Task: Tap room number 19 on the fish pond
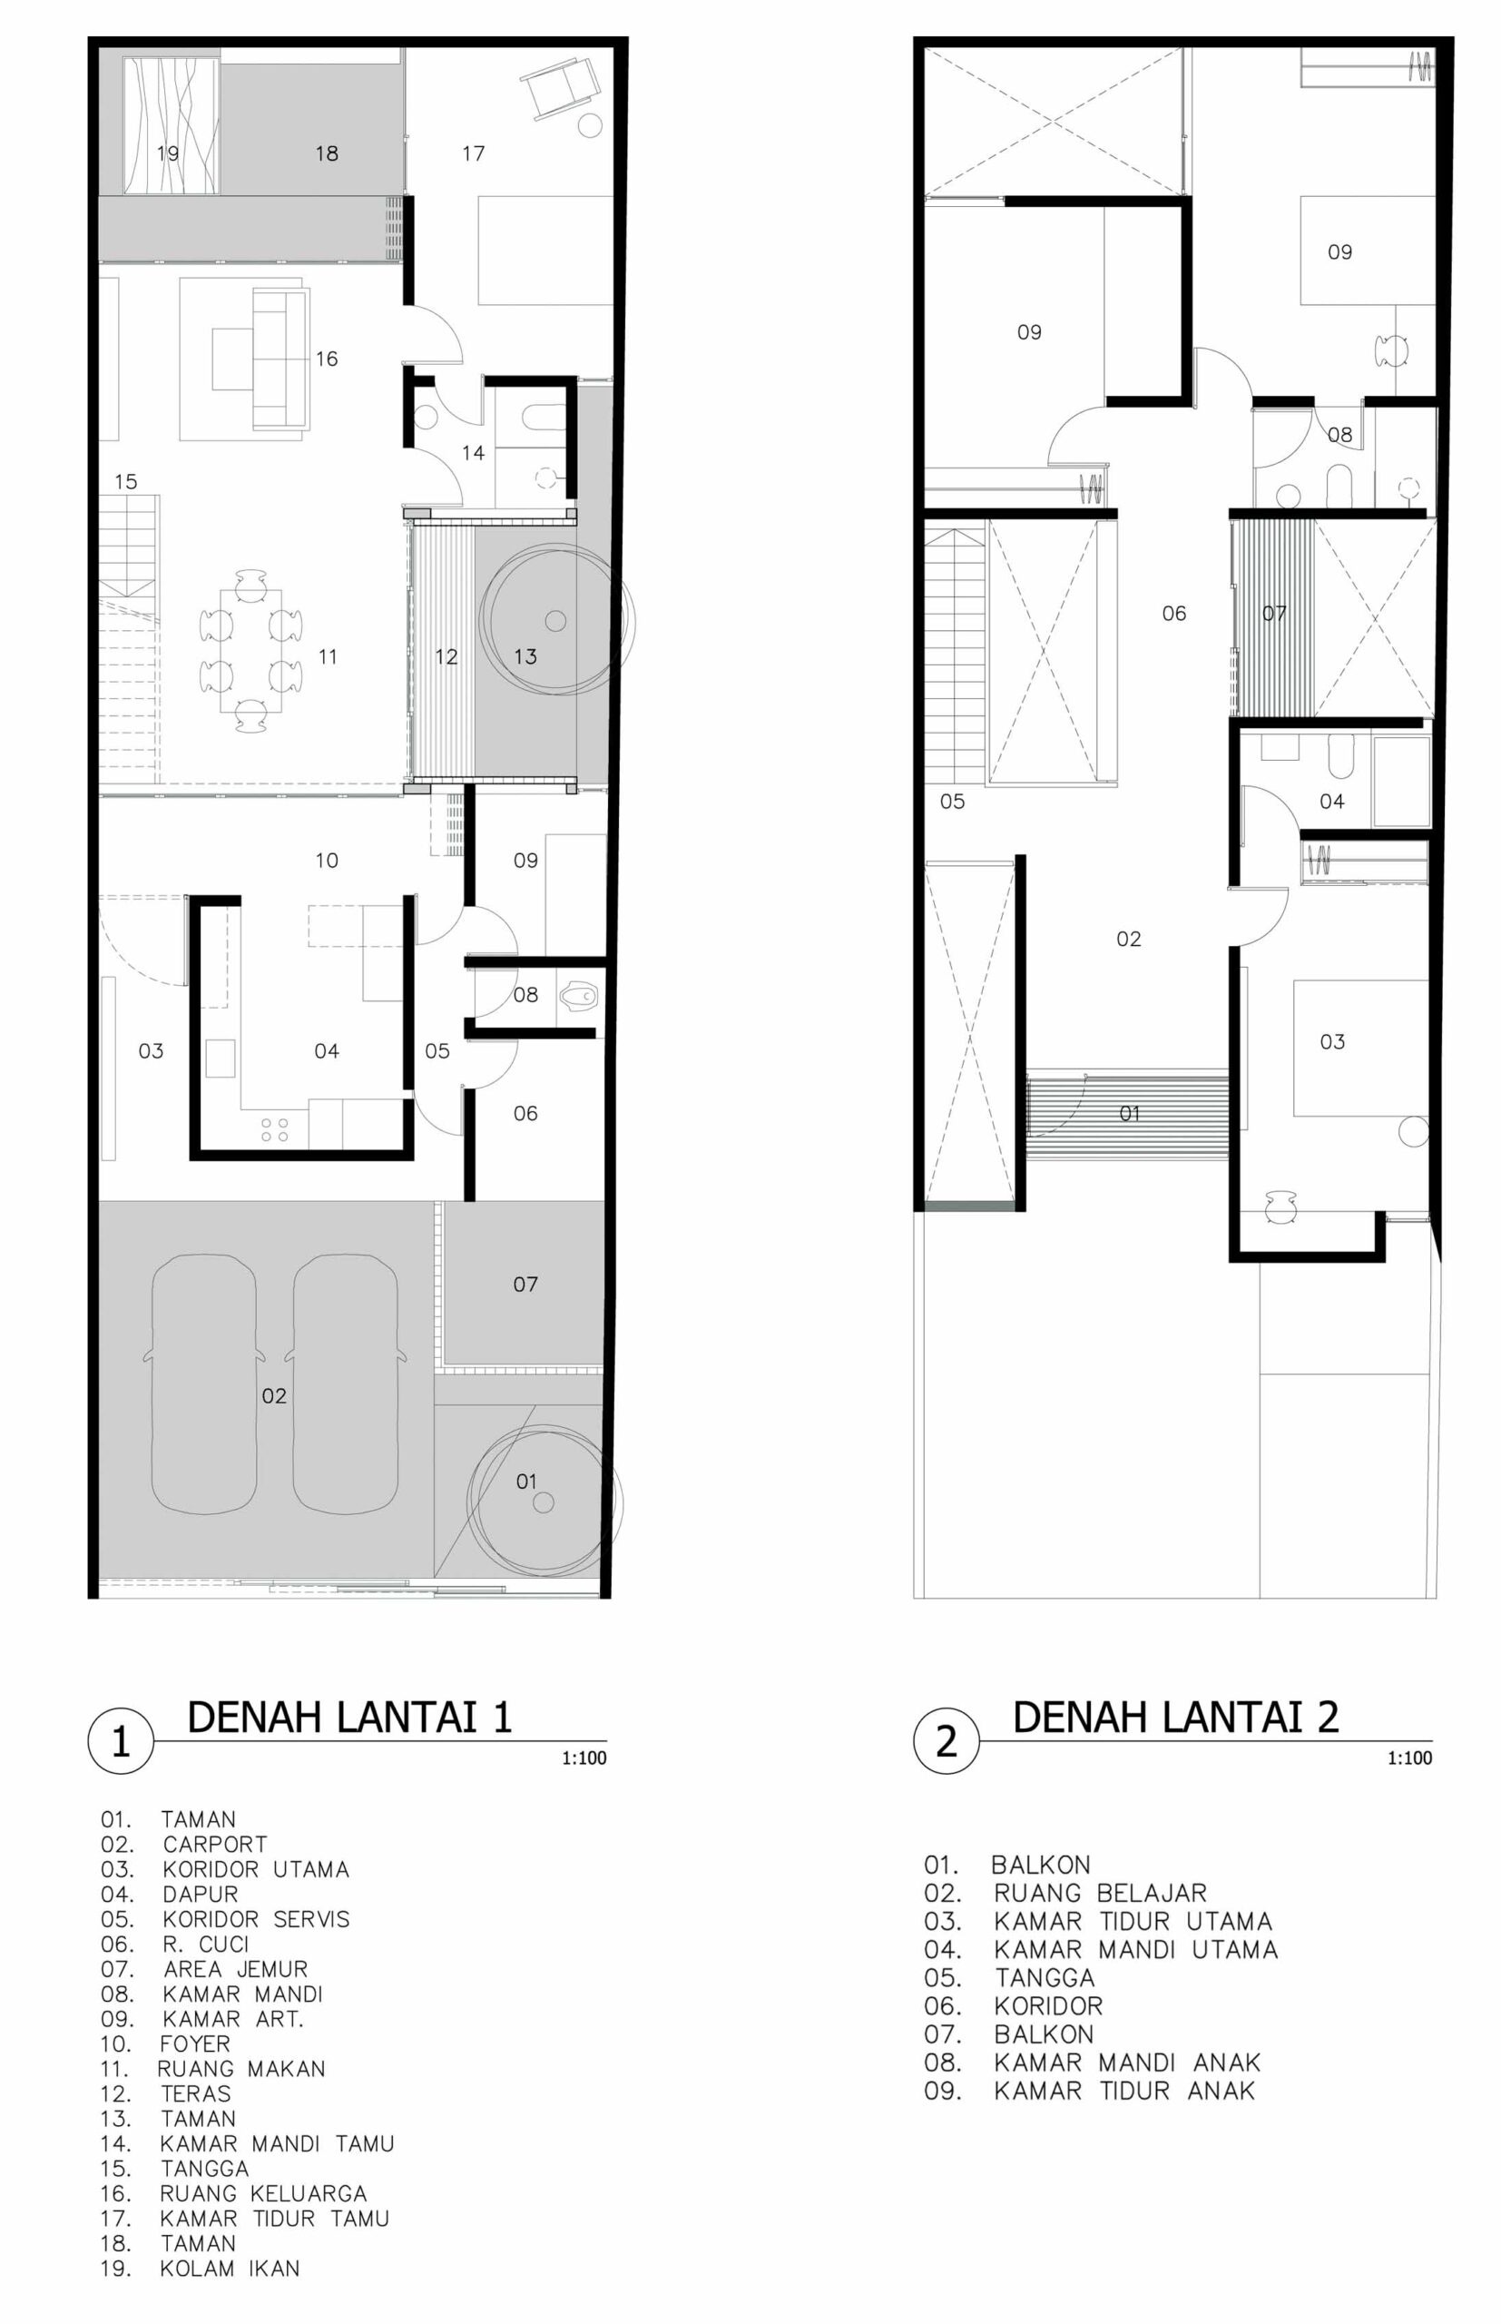[168, 153]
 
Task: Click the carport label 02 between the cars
[274, 1396]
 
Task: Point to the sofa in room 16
[280, 358]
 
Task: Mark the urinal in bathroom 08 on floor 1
[580, 996]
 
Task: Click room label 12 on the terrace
[446, 657]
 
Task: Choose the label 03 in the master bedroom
[1331, 1042]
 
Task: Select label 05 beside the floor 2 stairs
[952, 802]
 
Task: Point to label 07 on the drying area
[525, 1285]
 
